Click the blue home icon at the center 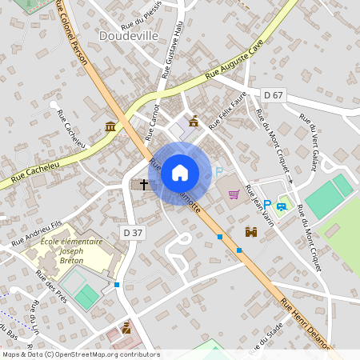coord(180,172)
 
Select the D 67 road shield coord(274,95)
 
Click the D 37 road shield coord(134,233)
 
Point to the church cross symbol coord(144,185)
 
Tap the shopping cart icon coord(234,193)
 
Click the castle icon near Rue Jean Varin coord(250,231)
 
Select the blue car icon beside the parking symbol coord(282,207)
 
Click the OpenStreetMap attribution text coord(81,354)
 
